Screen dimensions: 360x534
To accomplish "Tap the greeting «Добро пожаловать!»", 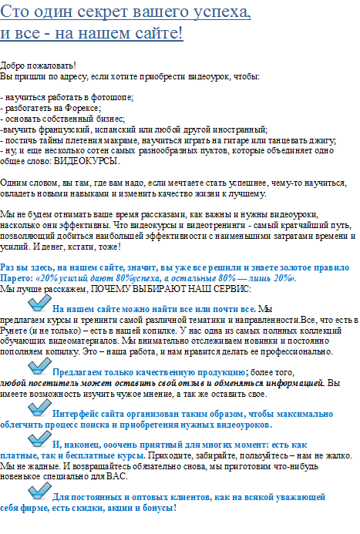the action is coord(39,65).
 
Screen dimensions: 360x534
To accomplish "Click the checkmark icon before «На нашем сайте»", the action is coord(39,304).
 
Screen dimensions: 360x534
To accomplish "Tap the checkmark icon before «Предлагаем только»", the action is coord(39,368).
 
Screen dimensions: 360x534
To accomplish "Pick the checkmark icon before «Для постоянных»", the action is coord(39,494).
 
